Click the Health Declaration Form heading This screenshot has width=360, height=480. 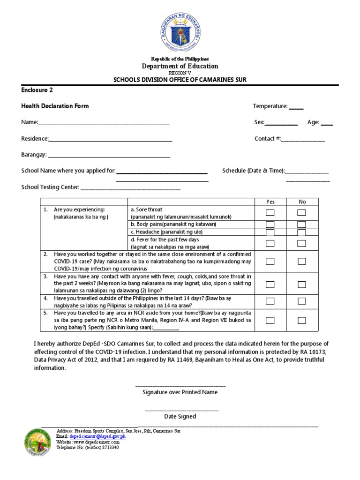point(55,106)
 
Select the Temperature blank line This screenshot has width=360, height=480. point(296,107)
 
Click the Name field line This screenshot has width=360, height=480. point(104,123)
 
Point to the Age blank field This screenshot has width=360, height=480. point(327,123)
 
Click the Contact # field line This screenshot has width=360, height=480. point(303,139)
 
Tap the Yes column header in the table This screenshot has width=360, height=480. point(270,202)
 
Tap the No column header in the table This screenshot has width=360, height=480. point(302,202)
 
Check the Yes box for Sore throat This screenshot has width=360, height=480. point(270,213)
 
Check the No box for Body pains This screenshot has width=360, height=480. point(301,225)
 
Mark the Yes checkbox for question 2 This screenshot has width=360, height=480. point(270,261)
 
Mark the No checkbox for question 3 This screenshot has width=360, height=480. point(301,284)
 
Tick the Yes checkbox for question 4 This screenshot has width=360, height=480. point(270,301)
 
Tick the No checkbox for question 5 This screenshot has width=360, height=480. point(301,321)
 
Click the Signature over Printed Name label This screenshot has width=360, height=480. point(180,392)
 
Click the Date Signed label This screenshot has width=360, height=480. point(180,416)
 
